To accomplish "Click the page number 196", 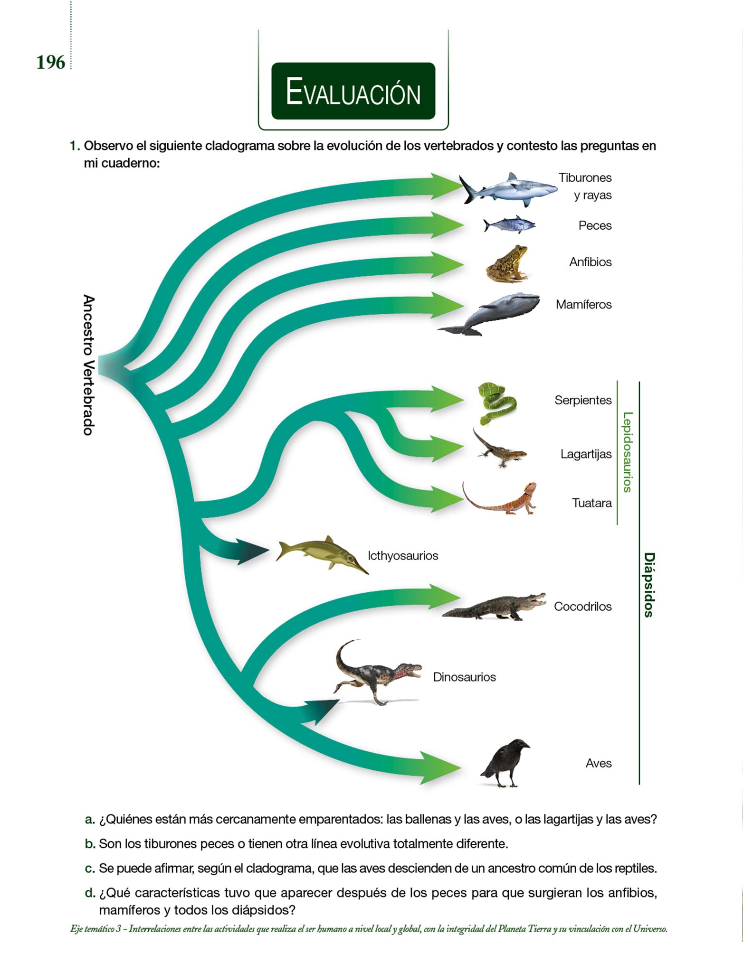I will (50, 62).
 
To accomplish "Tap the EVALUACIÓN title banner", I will (353, 91).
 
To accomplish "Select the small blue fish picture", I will (509, 225).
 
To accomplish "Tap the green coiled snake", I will (496, 403).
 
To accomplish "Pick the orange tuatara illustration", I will (501, 499).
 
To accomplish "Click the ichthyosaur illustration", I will (321, 553).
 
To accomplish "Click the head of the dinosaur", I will (409, 671).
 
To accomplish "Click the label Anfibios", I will (590, 262).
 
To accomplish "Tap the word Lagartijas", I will (586, 454).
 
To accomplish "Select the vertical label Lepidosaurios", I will (627, 452).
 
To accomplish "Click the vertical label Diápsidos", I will (648, 585).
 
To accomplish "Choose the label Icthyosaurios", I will (403, 556).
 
